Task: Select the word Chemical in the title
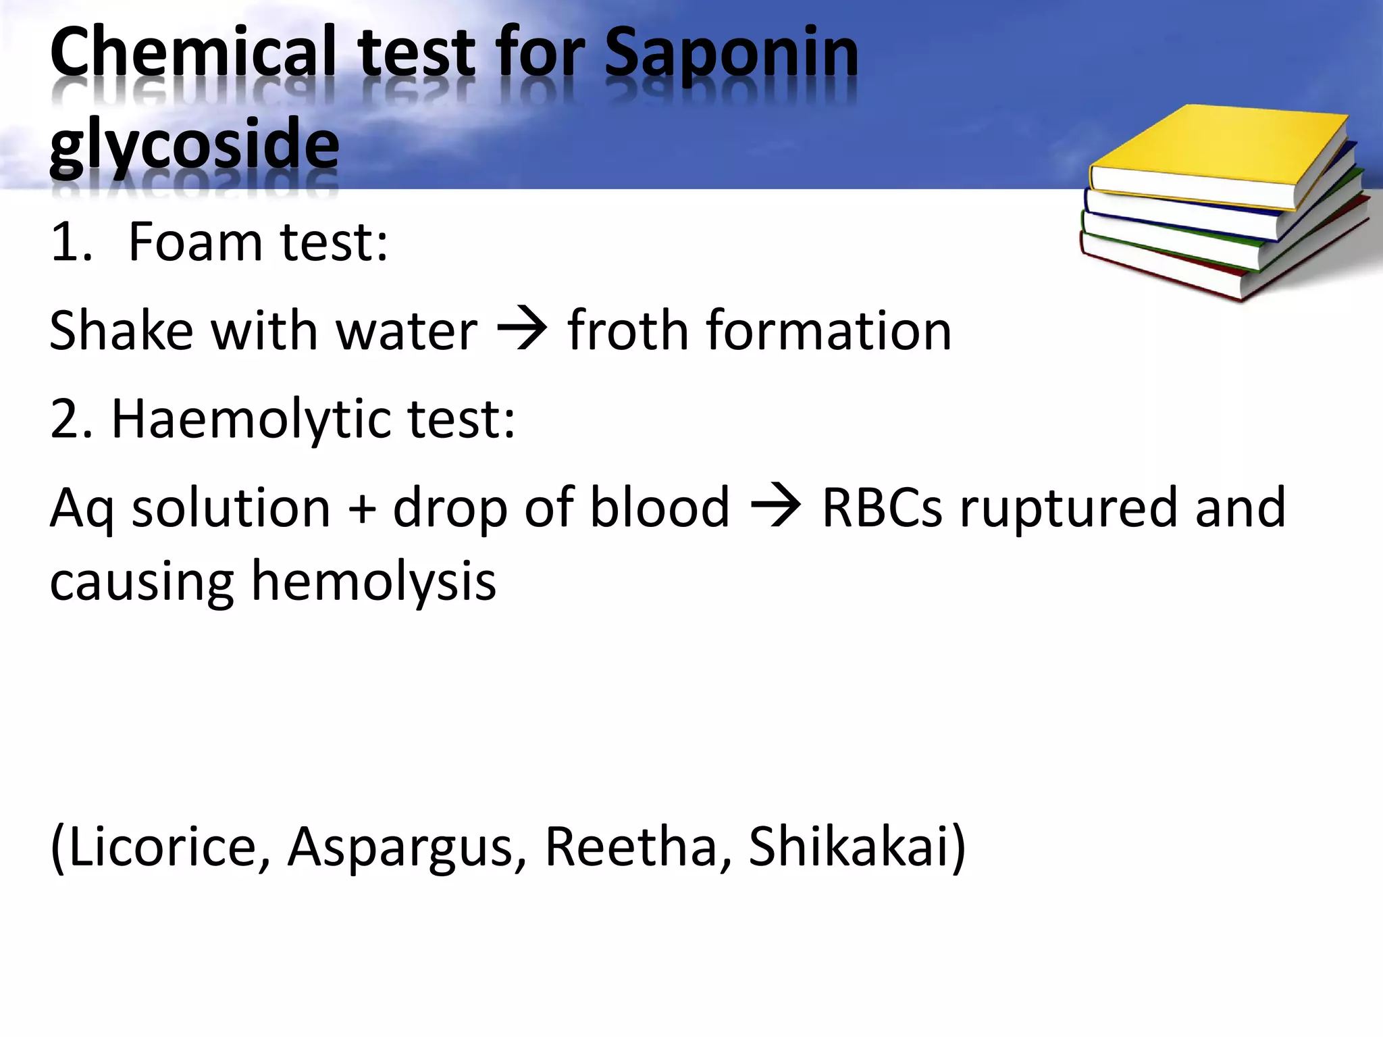click(x=192, y=53)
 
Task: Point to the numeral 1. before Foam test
click(x=70, y=243)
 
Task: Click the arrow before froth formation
click(x=522, y=330)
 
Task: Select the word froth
click(x=629, y=330)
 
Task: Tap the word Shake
click(x=122, y=330)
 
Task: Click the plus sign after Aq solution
click(x=362, y=508)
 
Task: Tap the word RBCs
click(x=881, y=508)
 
